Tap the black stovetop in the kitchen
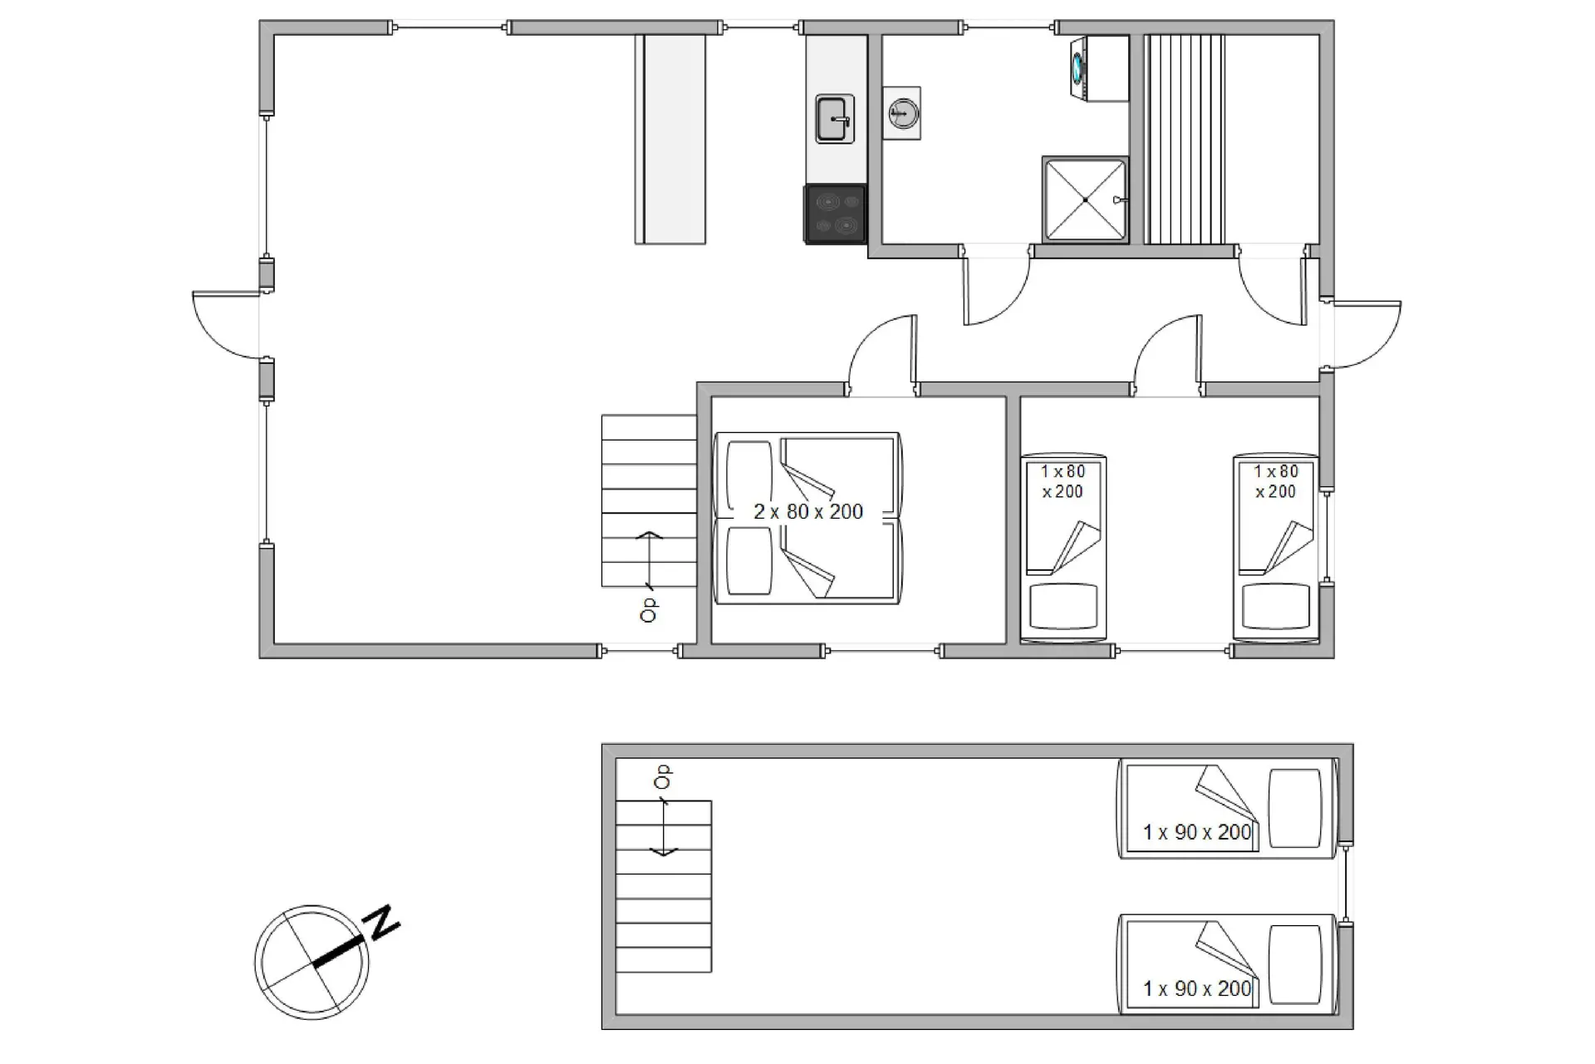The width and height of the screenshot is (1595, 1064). pos(835,214)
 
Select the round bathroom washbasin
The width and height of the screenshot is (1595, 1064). pos(902,112)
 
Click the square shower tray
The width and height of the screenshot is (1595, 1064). pos(1085,199)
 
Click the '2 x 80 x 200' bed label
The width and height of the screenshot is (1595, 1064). pos(807,511)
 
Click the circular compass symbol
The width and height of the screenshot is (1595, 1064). pos(312,962)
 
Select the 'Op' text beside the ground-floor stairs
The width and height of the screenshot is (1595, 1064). pos(649,609)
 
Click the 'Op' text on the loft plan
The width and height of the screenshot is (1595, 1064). pos(662,777)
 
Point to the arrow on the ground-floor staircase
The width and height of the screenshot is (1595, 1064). pos(649,559)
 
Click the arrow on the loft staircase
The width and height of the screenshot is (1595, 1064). pos(663,827)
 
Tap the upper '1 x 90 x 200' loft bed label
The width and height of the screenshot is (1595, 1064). pos(1196,832)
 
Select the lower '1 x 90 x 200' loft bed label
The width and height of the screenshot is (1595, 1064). pos(1196,988)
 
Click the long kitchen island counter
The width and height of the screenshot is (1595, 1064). pos(670,139)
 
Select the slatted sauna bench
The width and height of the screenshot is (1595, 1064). pos(1185,139)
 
